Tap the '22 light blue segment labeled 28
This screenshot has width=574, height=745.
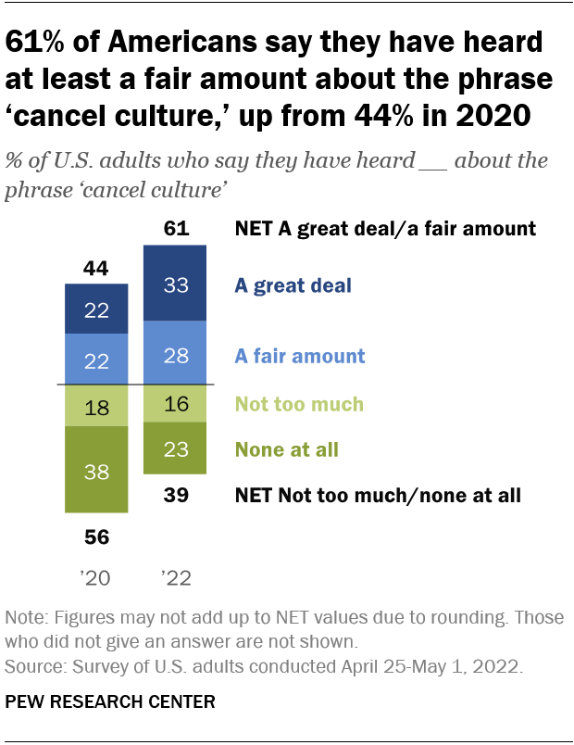click(x=175, y=354)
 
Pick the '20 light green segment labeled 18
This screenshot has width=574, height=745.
click(x=96, y=405)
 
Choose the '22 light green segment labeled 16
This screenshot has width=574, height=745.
click(x=175, y=404)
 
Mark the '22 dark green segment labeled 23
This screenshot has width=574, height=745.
click(x=175, y=449)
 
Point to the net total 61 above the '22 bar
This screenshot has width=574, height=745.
click(x=175, y=228)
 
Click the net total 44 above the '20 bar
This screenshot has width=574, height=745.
click(x=96, y=269)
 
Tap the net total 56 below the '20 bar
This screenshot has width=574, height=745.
click(x=96, y=537)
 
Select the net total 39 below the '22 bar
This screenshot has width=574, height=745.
click(x=175, y=496)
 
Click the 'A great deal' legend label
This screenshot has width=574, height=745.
click(x=293, y=285)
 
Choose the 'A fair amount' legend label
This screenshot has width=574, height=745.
click(x=301, y=356)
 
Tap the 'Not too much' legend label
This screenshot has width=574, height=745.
click(x=299, y=404)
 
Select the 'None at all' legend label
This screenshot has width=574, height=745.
click(x=287, y=450)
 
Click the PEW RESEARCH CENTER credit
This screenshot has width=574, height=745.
click(x=110, y=701)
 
